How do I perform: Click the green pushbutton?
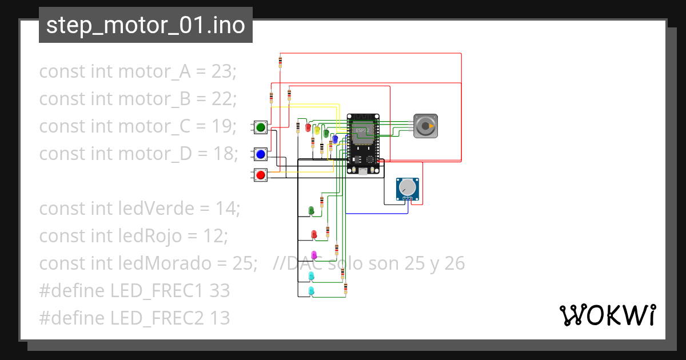pyautogui.click(x=261, y=127)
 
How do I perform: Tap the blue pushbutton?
pyautogui.click(x=261, y=154)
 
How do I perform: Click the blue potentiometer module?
pyautogui.click(x=408, y=189)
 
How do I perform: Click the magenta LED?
pyautogui.click(x=313, y=254)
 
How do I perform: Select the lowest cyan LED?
pyautogui.click(x=312, y=291)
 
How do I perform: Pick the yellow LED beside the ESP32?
pyautogui.click(x=317, y=130)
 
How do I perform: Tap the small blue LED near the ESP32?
pyautogui.click(x=335, y=139)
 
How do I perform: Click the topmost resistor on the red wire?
pyautogui.click(x=280, y=62)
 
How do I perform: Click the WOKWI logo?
pyautogui.click(x=607, y=315)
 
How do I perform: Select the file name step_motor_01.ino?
pyautogui.click(x=145, y=25)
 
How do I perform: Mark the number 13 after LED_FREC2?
pyautogui.click(x=220, y=318)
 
